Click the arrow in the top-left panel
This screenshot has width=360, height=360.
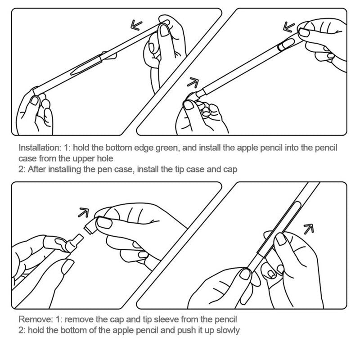click(136, 25)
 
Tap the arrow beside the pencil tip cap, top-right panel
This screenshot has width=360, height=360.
click(193, 83)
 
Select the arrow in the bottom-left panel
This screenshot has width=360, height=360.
click(84, 212)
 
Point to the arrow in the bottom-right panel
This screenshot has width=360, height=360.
click(309, 229)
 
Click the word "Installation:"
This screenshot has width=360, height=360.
click(40, 148)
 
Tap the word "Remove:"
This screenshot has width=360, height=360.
click(36, 319)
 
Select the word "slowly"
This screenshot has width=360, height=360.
click(228, 331)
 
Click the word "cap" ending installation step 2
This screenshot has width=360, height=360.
click(230, 170)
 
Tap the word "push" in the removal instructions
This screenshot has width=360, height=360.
click(186, 331)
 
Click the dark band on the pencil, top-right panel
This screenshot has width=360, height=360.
click(280, 47)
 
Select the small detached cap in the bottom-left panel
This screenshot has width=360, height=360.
click(90, 226)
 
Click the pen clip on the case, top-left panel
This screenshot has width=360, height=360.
click(86, 65)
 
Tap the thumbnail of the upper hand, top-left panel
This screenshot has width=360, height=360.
click(164, 30)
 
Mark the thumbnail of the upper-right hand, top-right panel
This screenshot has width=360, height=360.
click(304, 32)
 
